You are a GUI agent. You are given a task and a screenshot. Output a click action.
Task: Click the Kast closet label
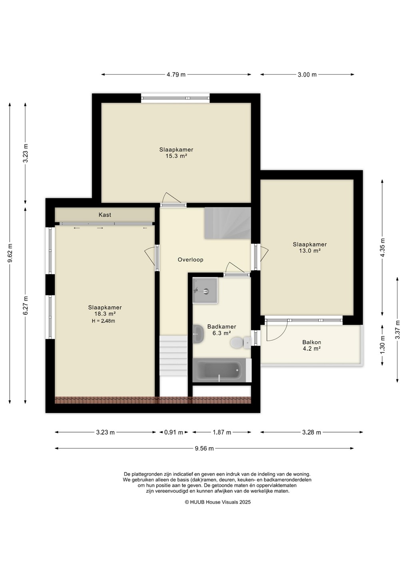tap(105, 215)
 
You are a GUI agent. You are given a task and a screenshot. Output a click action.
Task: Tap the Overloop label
tap(190, 260)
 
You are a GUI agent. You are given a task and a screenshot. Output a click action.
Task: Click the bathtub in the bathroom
tap(222, 370)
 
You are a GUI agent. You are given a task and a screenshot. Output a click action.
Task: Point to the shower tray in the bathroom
tap(205, 290)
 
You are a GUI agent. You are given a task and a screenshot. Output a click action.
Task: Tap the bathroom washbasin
tap(198, 334)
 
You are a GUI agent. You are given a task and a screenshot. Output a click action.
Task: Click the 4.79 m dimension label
tap(176, 74)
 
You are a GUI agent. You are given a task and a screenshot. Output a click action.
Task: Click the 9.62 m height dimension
tap(10, 253)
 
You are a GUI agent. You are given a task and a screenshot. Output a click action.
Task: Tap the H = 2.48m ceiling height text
tap(103, 321)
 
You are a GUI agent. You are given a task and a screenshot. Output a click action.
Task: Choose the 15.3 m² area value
tap(176, 156)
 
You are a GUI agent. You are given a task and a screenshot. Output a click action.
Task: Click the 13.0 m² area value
tap(309, 251)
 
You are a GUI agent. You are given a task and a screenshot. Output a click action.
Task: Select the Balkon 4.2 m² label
tap(312, 345)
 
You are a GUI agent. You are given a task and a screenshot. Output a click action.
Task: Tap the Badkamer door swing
tap(234, 268)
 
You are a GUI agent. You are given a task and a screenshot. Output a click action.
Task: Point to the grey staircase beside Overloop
tap(227, 223)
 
